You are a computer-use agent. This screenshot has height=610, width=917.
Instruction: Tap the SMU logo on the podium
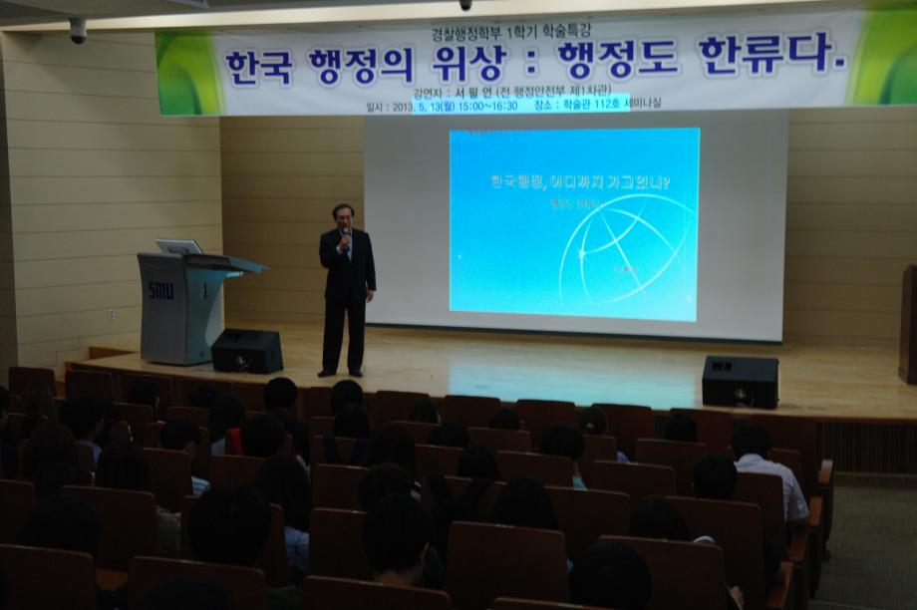point(160,290)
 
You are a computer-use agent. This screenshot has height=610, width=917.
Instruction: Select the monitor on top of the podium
point(179,247)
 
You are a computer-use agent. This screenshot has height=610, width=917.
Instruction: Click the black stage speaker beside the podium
point(246,351)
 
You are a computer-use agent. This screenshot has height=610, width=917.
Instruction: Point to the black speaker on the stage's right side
point(740,382)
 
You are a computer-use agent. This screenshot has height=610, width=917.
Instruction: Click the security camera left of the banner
point(77,31)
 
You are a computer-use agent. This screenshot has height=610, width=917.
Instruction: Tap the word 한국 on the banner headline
point(258,68)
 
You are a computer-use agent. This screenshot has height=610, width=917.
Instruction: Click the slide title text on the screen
point(579,182)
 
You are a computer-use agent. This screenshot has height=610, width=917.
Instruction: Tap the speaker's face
point(344,215)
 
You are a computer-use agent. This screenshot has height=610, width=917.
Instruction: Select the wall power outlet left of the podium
point(111,314)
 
